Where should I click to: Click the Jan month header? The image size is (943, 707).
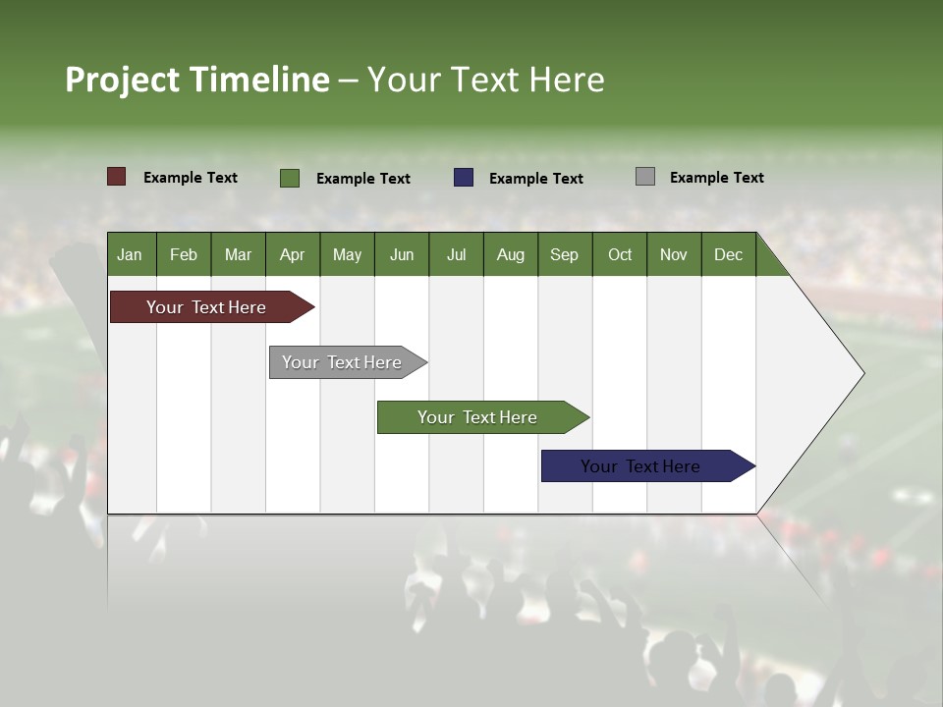(x=130, y=254)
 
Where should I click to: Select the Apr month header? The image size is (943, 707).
(x=292, y=254)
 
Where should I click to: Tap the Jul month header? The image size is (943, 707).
(x=456, y=254)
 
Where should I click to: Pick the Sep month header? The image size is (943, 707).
(x=564, y=254)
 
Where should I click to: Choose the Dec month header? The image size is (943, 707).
(x=728, y=254)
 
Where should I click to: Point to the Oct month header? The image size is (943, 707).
(x=619, y=254)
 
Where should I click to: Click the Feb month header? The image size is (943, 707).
(x=184, y=254)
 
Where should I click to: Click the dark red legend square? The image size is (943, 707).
(x=117, y=177)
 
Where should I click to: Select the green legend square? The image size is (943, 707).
(x=290, y=178)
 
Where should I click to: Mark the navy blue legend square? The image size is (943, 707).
(x=464, y=178)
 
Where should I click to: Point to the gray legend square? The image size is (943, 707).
(x=645, y=177)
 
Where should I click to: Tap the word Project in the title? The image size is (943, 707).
(x=124, y=80)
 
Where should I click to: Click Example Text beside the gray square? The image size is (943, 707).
(x=716, y=178)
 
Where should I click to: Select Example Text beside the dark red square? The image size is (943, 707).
(x=190, y=178)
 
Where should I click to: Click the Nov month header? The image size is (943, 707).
(x=673, y=254)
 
